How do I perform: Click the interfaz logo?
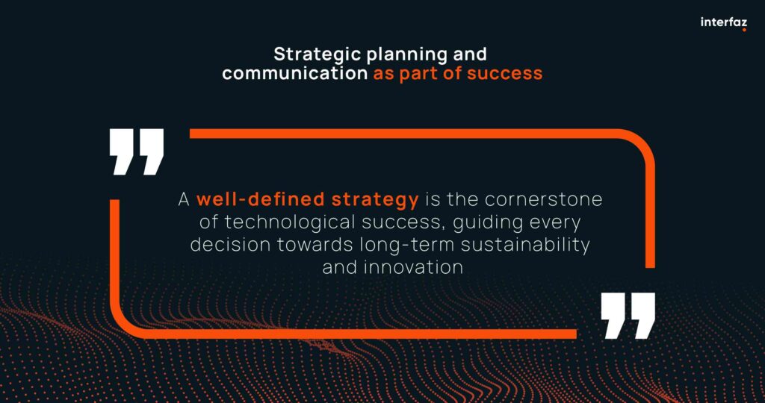[723, 23]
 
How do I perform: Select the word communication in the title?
[294, 74]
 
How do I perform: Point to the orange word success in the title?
[504, 74]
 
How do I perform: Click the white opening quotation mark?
[137, 151]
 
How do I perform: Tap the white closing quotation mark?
[628, 316]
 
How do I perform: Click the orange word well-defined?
[259, 200]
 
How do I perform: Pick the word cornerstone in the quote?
[544, 200]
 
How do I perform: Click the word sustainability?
[525, 246]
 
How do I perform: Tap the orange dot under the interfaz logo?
[745, 30]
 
